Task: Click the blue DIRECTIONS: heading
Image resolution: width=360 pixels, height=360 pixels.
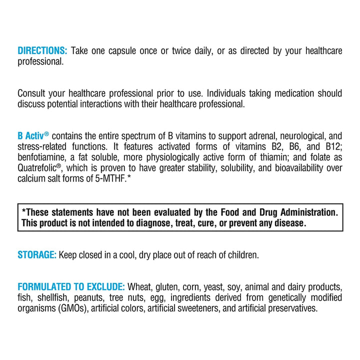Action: (42, 51)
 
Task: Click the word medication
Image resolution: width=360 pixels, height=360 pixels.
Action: (289, 93)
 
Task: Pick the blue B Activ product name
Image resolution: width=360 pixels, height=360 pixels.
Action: (32, 136)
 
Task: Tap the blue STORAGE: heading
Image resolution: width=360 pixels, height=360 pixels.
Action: (36, 255)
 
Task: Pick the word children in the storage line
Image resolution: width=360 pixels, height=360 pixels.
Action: (243, 255)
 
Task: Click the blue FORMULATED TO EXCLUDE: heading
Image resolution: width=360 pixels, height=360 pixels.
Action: (71, 287)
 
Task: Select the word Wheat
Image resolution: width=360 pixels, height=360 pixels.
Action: (139, 287)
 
